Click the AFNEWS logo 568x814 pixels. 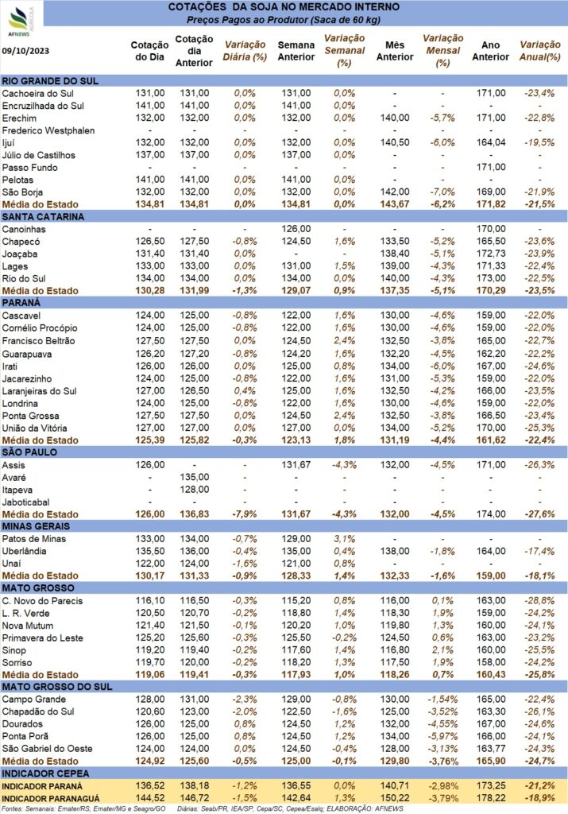20,21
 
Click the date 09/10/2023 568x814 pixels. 26,51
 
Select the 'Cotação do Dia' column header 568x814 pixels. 150,51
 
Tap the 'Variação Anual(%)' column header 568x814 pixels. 540,51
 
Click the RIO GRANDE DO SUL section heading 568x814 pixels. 50,81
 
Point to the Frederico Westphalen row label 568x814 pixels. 48,130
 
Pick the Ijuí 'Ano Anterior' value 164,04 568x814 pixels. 491,142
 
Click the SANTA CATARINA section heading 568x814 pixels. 43,216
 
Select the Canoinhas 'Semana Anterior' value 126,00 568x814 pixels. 296,229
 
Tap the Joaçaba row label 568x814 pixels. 19,254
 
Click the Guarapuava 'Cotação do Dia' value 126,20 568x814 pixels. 150,354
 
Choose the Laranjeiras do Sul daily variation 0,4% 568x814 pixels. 245,391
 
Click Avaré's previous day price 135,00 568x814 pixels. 195,477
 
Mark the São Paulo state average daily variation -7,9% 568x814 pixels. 245,514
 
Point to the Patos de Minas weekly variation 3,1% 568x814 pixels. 345,539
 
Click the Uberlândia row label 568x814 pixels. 24,552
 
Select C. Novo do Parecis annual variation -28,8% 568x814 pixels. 540,601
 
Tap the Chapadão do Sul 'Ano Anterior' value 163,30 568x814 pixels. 491,711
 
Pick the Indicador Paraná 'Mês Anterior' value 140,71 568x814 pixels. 395,786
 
